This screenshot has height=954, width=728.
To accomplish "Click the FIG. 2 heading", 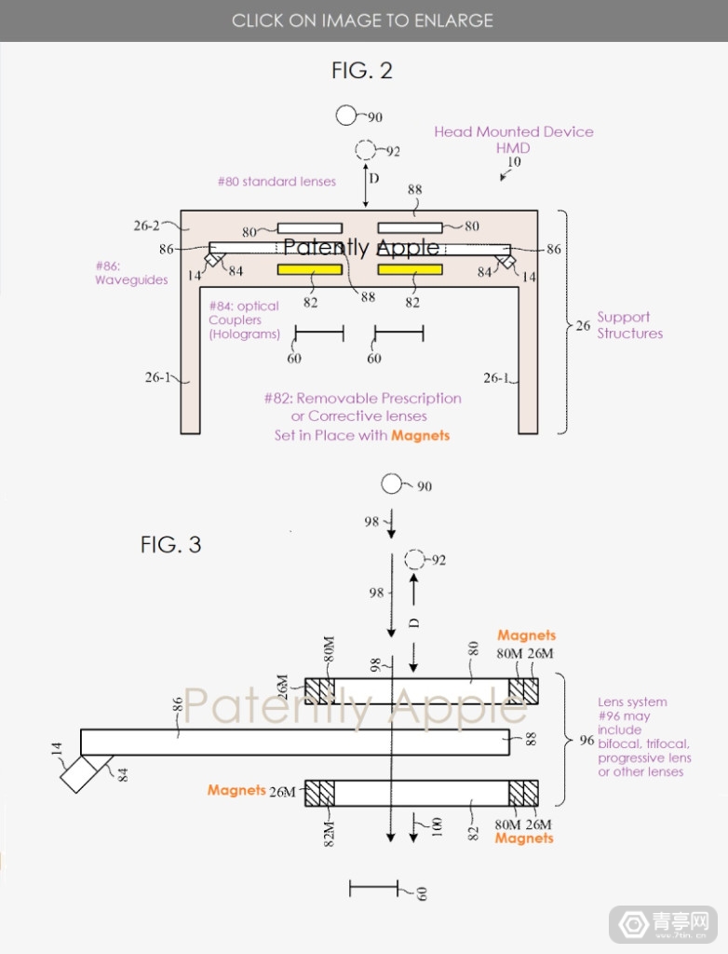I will pos(362,70).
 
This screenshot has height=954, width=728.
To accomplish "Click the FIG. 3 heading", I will pos(170,544).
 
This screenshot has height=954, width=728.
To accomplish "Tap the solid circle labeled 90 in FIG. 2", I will pos(347,116).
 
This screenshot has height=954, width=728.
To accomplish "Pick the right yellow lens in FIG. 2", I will pos(410,270).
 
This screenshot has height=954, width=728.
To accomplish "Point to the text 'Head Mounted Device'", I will pos(513,132).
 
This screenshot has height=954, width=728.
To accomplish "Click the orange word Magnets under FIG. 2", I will pos(420,435).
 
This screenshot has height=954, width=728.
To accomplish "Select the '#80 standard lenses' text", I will pos(276,182).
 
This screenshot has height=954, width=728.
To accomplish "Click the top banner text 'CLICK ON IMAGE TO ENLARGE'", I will pos(362,20).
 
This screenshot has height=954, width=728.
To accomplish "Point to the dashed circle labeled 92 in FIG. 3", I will pos(414,560).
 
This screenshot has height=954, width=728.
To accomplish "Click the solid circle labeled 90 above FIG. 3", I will pos(391,484).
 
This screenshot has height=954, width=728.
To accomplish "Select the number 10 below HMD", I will pos(513,162).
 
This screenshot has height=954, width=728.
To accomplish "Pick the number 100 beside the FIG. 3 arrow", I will pos(435,827).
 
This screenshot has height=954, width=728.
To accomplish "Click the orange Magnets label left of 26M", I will pos(236,790).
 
